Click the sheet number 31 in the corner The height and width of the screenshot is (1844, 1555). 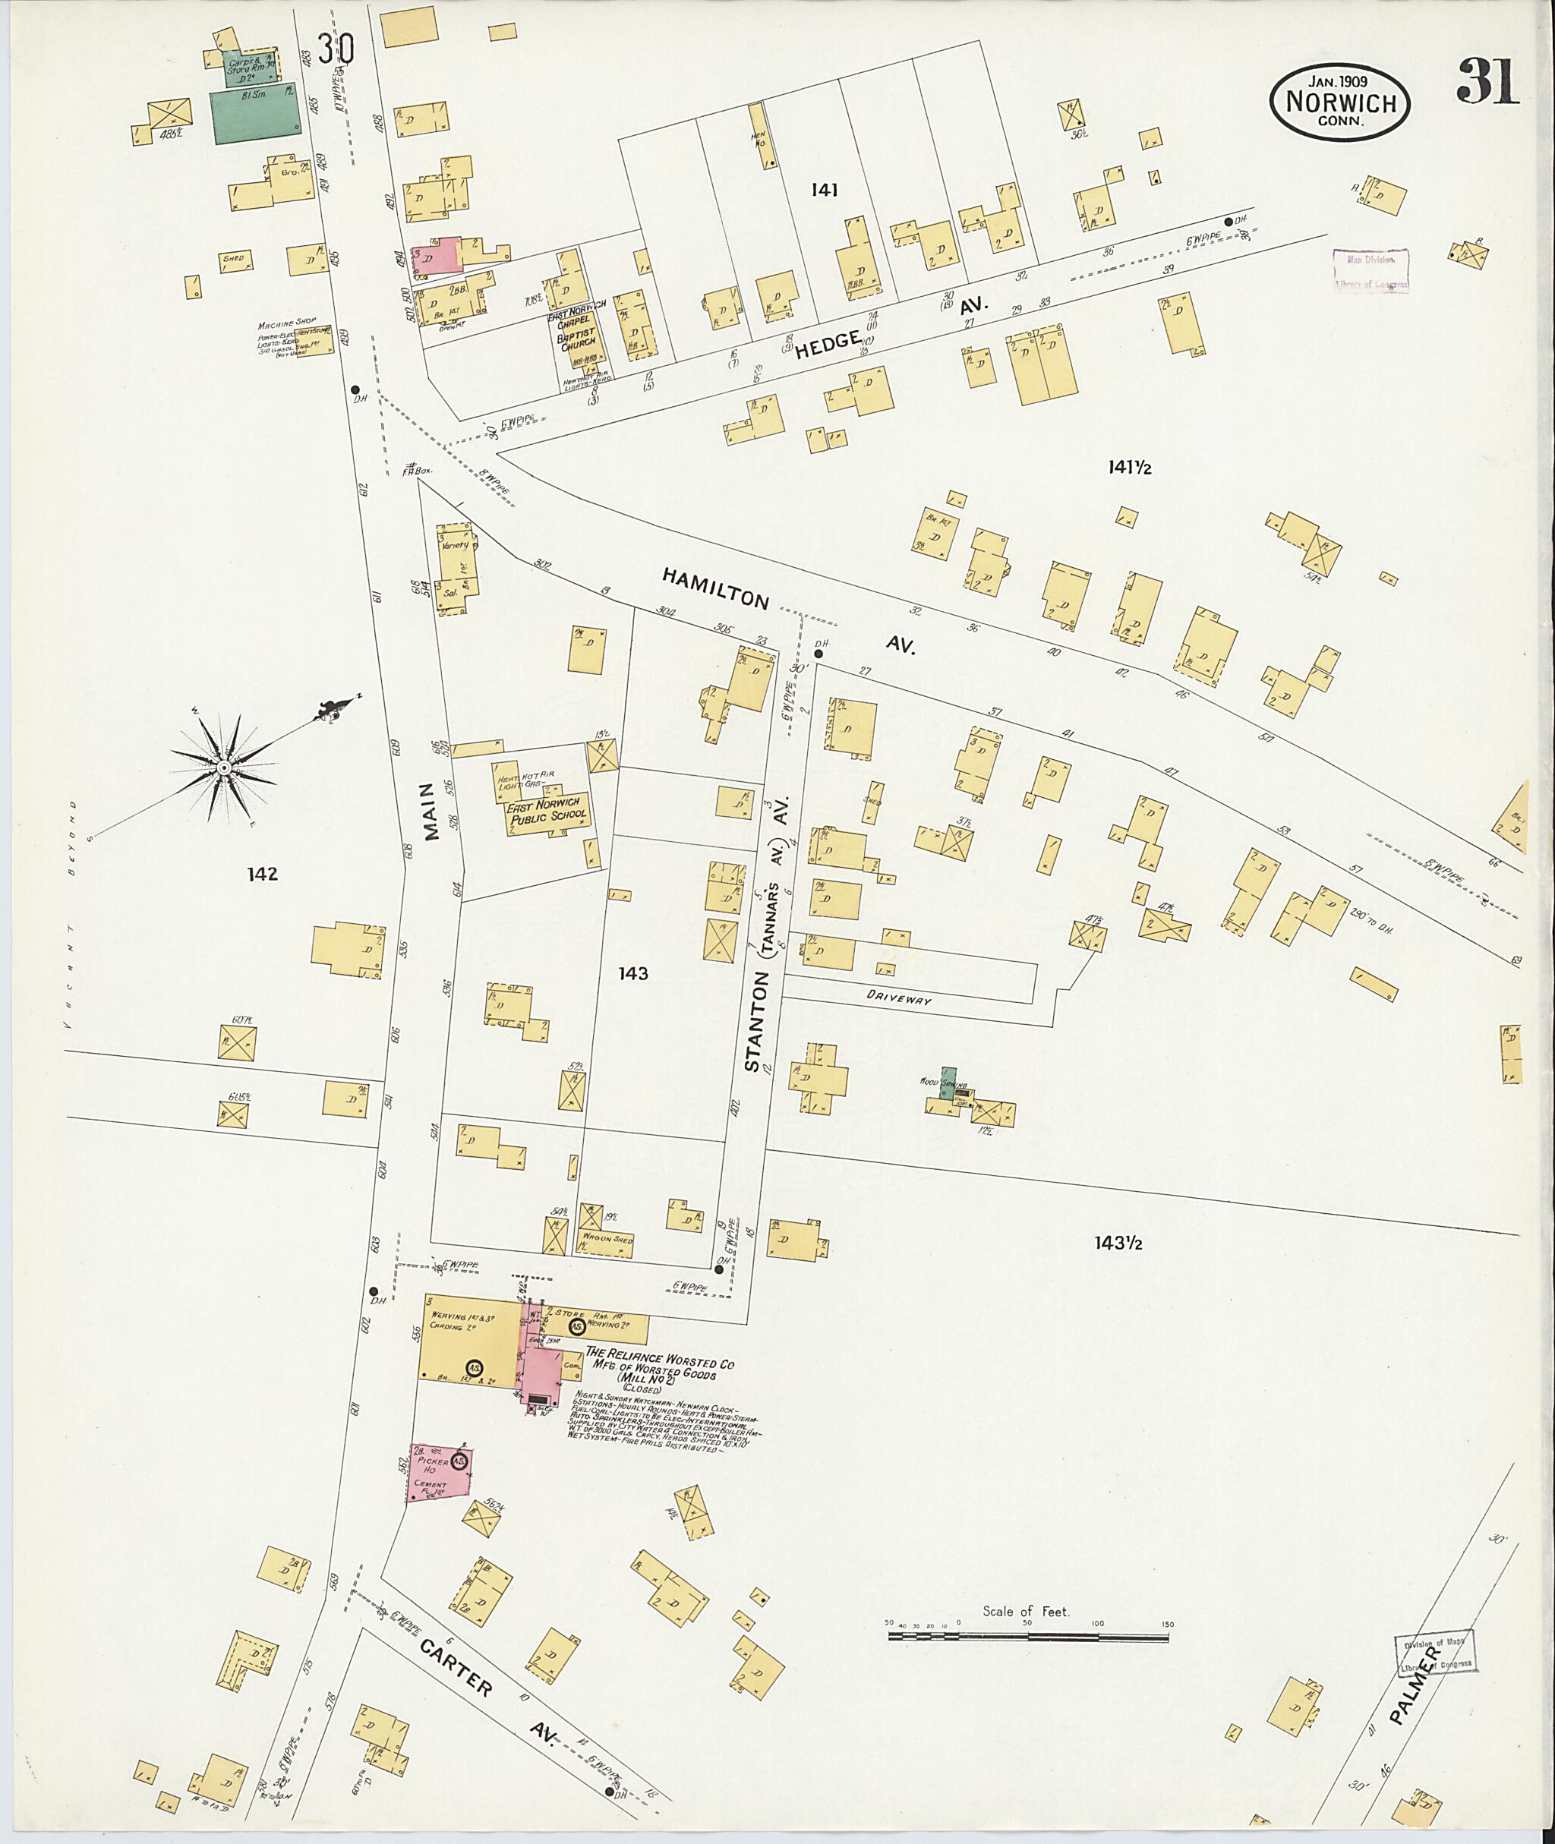point(1488,83)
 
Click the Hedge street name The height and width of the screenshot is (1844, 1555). point(828,345)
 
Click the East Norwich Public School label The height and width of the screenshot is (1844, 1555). point(547,812)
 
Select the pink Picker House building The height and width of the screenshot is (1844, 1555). point(440,1472)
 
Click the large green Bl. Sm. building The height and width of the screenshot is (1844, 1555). point(255,114)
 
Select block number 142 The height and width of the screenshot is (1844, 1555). point(262,874)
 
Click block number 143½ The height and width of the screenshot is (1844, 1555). point(1118,1243)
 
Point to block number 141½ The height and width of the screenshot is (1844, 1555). point(1130,468)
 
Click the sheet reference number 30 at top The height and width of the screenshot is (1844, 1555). point(336,49)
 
